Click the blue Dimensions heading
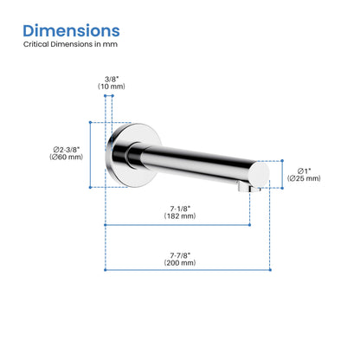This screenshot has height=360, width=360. click(71, 30)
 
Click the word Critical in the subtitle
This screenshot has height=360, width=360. click(36, 44)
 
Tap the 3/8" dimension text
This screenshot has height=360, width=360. click(112, 79)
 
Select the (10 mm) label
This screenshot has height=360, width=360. click(112, 87)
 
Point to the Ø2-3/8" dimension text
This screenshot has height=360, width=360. click(67, 150)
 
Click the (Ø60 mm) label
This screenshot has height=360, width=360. click(66, 157)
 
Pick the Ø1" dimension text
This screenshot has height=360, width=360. click(304, 171)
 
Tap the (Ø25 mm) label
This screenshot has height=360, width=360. click(304, 178)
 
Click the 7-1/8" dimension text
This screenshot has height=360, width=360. click(180, 209)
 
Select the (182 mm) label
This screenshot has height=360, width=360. click(180, 215)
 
